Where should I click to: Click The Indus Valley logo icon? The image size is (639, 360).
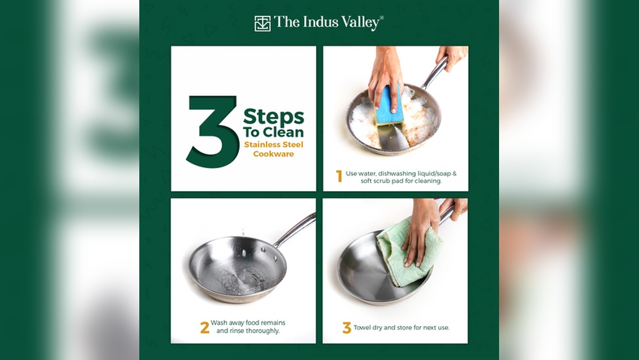(263, 24)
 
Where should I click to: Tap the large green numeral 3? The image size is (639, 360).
(213, 131)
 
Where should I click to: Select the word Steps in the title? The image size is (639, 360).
(273, 118)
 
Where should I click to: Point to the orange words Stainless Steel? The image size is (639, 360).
(274, 145)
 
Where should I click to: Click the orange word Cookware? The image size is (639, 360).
(273, 153)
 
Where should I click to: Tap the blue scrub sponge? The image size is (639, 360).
(389, 106)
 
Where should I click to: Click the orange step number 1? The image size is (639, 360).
(339, 176)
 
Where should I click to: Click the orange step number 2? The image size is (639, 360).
(204, 327)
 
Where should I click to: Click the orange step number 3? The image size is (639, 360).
(347, 328)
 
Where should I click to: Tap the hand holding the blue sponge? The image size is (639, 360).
(385, 77)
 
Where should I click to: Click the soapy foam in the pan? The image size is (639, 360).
(393, 118)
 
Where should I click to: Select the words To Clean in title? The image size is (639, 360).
(273, 132)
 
